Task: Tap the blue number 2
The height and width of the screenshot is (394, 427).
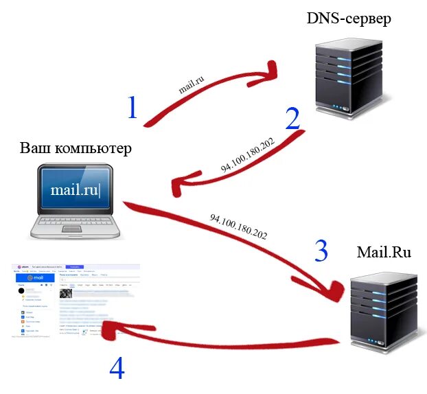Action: tap(292, 117)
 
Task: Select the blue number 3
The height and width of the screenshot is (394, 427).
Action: tap(321, 252)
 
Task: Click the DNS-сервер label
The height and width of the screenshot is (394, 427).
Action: tap(348, 19)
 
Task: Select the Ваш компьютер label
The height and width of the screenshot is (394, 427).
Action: tap(75, 148)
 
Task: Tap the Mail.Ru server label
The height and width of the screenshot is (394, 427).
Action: tap(384, 252)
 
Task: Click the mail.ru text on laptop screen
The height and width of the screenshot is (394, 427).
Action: tap(73, 189)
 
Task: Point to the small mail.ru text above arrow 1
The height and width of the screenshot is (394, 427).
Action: tap(192, 84)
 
